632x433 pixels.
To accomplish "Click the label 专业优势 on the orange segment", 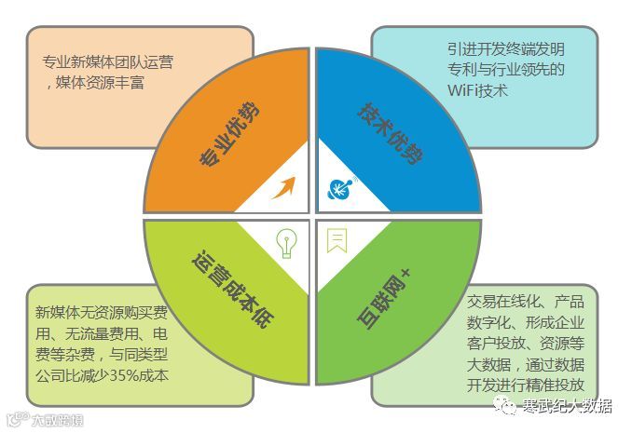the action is pos(229,133).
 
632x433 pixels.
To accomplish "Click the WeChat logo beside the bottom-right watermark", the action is pos(504,405).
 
